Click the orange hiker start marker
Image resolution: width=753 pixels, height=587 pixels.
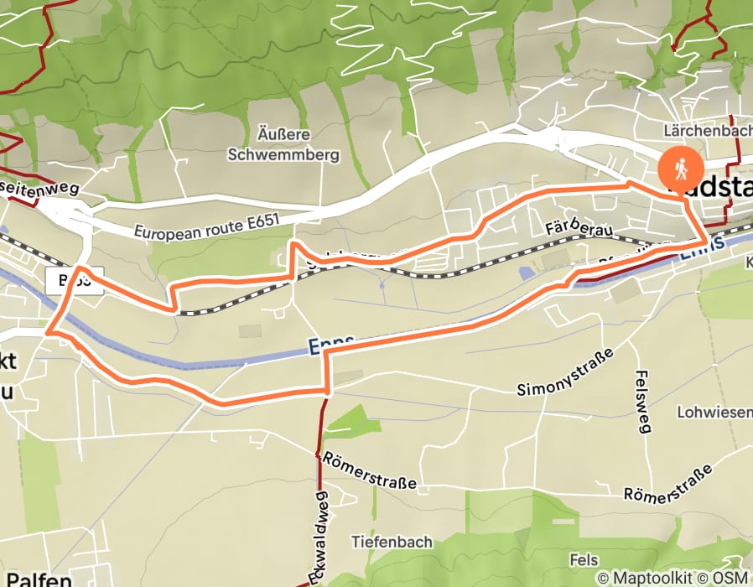click(681, 169)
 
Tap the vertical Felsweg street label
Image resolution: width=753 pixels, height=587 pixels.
click(643, 403)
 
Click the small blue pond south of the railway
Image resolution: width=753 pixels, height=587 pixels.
click(525, 273)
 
